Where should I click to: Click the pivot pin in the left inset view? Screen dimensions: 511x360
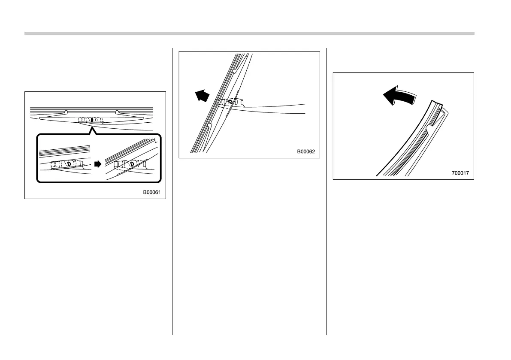68,163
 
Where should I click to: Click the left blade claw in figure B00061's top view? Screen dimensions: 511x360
65,112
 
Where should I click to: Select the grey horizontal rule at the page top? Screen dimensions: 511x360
249,33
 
